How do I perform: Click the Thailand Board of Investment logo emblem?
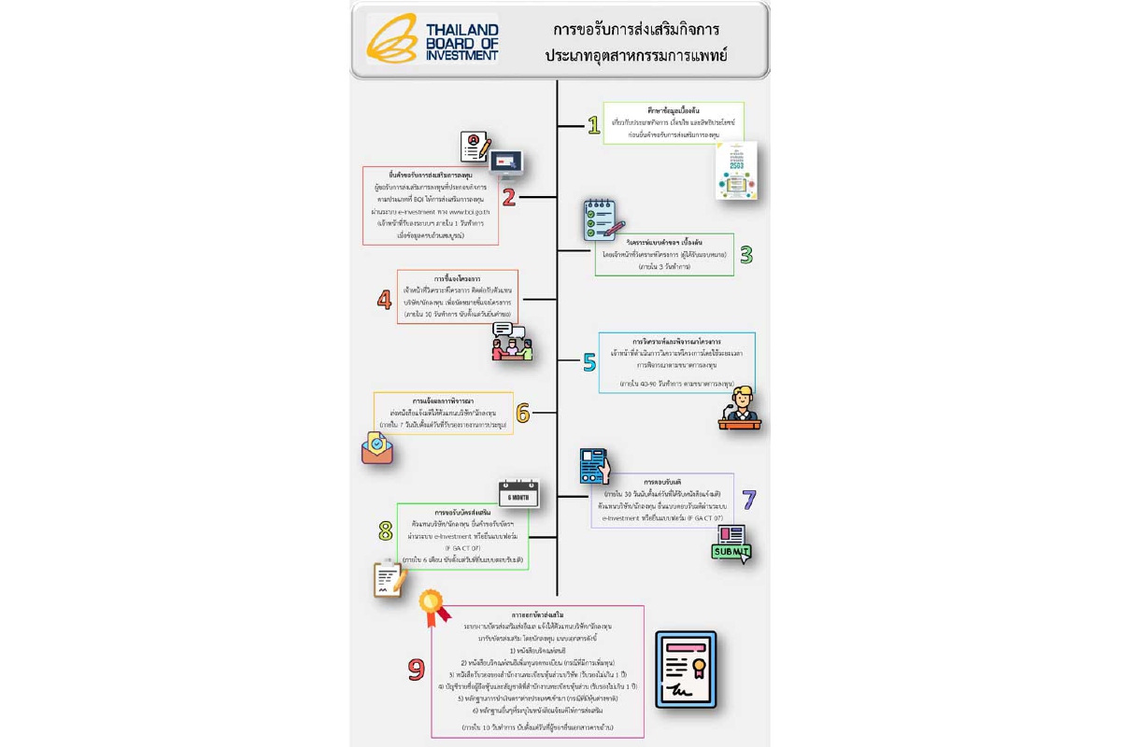[x=391, y=39]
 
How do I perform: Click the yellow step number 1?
[x=593, y=125]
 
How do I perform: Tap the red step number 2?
[x=509, y=197]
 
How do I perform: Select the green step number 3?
[x=745, y=254]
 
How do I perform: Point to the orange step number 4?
[x=384, y=300]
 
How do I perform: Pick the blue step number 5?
[x=589, y=362]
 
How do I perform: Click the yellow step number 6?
[x=523, y=413]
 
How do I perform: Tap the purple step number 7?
[x=748, y=500]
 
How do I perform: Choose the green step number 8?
[x=385, y=531]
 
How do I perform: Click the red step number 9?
[x=417, y=669]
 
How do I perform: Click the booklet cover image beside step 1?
[x=736, y=171]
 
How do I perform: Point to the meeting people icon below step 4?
[x=512, y=343]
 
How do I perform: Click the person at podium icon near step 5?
[x=740, y=408]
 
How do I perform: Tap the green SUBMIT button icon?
[x=731, y=545]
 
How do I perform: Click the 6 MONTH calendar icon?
[x=518, y=493]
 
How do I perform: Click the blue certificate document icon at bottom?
[x=685, y=669]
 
